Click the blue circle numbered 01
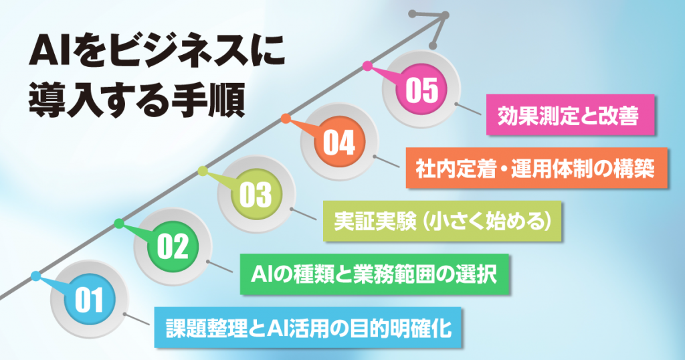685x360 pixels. [89, 300]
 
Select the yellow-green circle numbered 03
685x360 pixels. [256, 195]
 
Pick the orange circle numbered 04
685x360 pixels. [339, 142]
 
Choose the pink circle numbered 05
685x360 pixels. [421, 89]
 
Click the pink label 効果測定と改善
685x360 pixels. [570, 115]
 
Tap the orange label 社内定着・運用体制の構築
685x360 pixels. [536, 168]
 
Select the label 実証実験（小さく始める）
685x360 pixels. [442, 221]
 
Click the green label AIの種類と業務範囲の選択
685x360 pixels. [375, 274]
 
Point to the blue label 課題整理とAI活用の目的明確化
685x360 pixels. [308, 328]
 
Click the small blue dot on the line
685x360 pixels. [36, 276]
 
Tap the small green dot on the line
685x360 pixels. [119, 223]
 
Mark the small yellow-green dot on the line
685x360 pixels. [203, 171]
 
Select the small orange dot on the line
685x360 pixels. [286, 118]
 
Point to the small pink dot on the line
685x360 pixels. [368, 66]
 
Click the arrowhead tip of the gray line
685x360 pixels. [446, 16]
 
